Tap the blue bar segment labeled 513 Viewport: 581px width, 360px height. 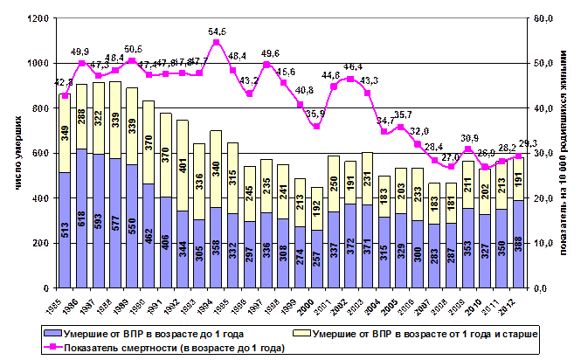(x=65, y=230)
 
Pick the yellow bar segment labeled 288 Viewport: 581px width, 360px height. (x=81, y=116)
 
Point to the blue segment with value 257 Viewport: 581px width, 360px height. (x=317, y=260)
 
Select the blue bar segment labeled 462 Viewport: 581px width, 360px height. (x=149, y=236)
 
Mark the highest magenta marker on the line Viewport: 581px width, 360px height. (x=216, y=42)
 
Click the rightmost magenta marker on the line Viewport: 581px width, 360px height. (x=519, y=156)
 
